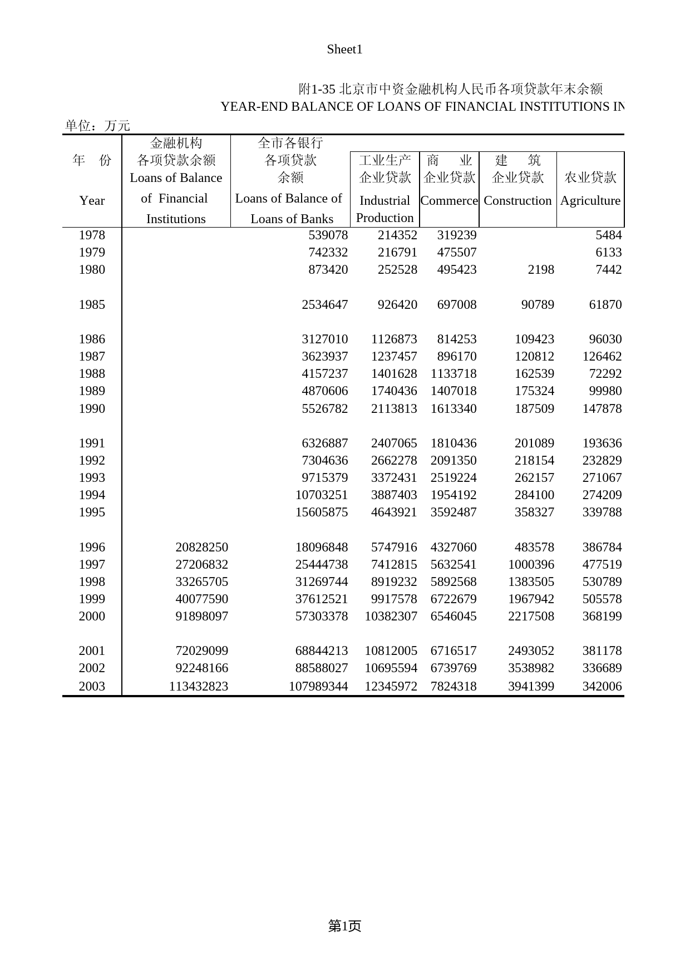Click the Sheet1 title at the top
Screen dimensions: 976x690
pyautogui.click(x=344, y=50)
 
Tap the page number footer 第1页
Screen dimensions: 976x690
pyautogui.click(x=344, y=926)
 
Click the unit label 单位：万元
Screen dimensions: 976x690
pyautogui.click(x=97, y=126)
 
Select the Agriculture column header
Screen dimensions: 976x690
pyautogui.click(x=590, y=201)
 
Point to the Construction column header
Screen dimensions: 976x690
pyautogui.click(x=517, y=201)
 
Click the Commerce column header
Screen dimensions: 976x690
pyautogui.click(x=449, y=201)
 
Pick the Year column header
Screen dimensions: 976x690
pyautogui.click(x=92, y=201)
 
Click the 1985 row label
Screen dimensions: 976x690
pyautogui.click(x=92, y=305)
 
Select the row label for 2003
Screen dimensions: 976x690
pyautogui.click(x=92, y=687)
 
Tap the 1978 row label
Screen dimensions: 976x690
pyautogui.click(x=92, y=235)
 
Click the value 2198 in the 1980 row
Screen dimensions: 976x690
pyautogui.click(x=541, y=270)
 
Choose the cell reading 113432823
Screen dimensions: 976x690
pyautogui.click(x=199, y=687)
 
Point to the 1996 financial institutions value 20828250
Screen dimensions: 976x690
pyautogui.click(x=201, y=548)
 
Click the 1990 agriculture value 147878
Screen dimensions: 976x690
pyautogui.click(x=602, y=409)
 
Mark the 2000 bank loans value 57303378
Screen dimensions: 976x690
pyautogui.click(x=322, y=617)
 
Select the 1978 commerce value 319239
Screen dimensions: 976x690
pyautogui.click(x=457, y=235)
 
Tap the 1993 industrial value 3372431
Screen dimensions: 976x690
pyautogui.click(x=394, y=478)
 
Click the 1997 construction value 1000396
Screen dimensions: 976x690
pyautogui.click(x=531, y=565)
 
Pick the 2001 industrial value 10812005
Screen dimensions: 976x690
pyautogui.click(x=391, y=651)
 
